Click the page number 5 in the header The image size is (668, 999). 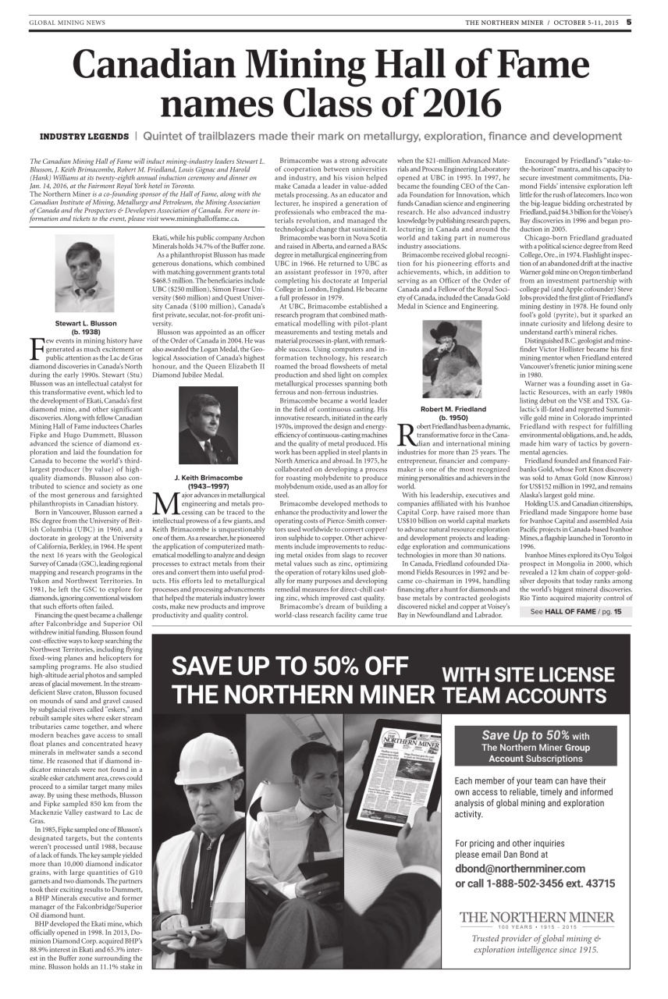629,22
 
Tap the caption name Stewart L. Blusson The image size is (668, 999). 86,323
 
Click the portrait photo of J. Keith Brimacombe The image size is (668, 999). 209,425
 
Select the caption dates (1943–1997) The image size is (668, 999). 209,485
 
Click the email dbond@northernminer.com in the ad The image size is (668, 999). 519,869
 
